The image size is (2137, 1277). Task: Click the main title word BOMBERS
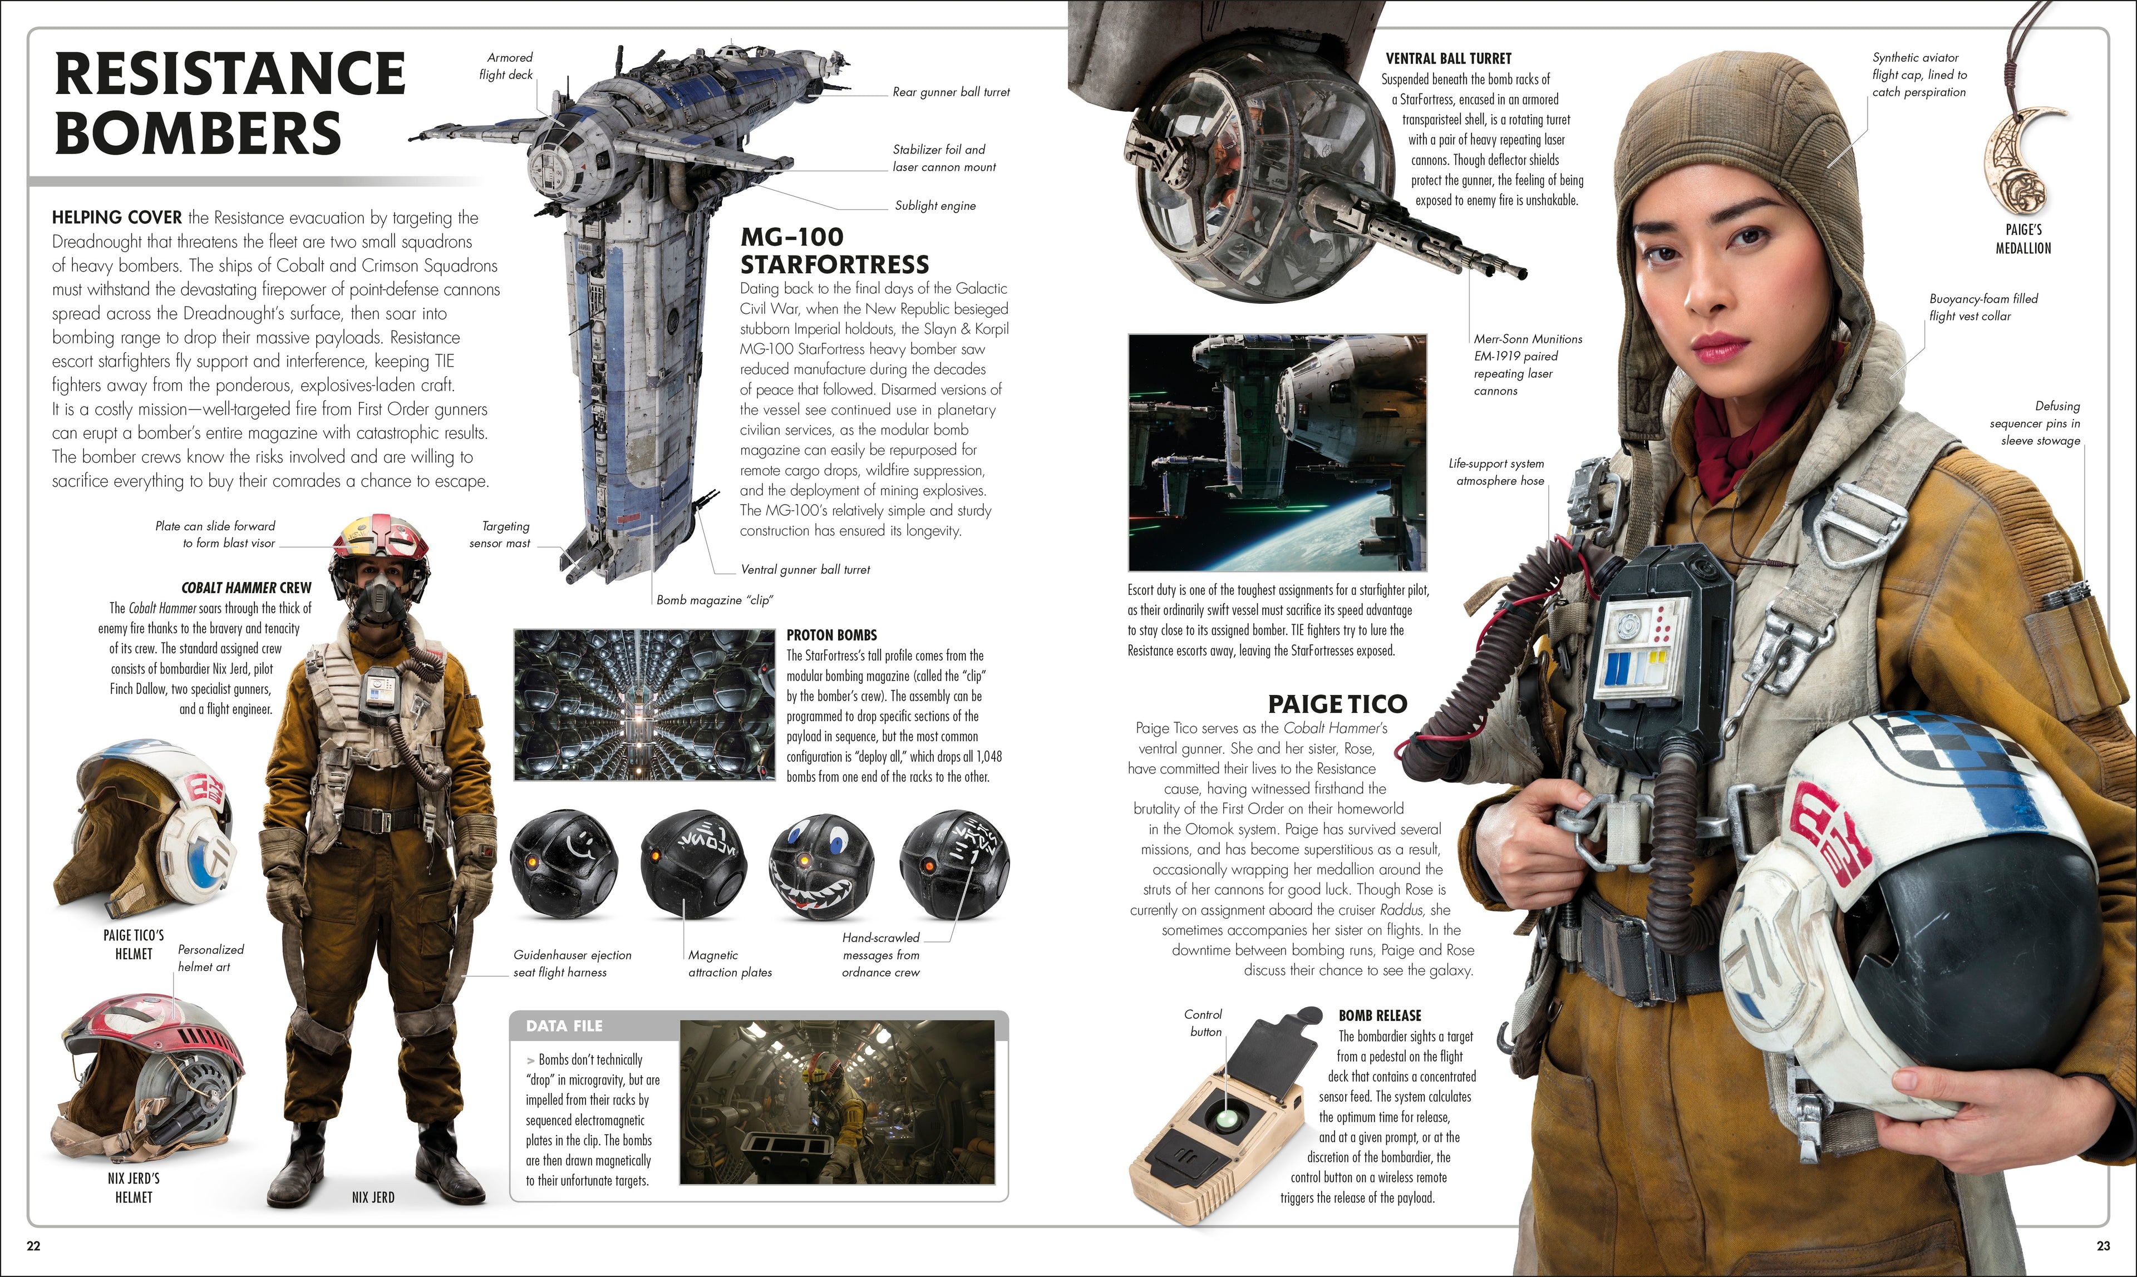click(199, 134)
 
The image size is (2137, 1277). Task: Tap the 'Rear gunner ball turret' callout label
click(951, 92)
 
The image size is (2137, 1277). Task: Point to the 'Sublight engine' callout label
click(935, 206)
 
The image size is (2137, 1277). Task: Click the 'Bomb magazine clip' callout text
click(715, 600)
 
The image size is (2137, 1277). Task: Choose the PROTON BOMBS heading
click(831, 635)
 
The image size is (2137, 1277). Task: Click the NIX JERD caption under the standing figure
click(373, 1197)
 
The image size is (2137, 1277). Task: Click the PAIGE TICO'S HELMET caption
click(134, 944)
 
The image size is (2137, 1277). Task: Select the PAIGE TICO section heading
click(1337, 704)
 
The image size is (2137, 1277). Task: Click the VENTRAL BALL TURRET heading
click(1449, 58)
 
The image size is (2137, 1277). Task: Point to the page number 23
click(2102, 1245)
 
